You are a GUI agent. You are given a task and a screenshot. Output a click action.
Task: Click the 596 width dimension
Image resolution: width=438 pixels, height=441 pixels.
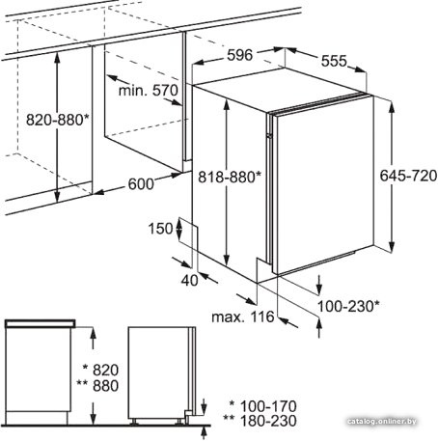[x=239, y=55]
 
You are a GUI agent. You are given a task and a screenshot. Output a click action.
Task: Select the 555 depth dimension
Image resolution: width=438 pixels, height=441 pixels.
[x=334, y=61]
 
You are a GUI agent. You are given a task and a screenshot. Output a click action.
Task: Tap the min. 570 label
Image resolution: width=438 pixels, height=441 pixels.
[x=149, y=91]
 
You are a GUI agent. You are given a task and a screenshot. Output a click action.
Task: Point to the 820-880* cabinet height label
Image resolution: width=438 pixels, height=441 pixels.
[x=57, y=120]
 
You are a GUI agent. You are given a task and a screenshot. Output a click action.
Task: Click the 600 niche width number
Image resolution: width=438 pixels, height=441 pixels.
[x=141, y=184]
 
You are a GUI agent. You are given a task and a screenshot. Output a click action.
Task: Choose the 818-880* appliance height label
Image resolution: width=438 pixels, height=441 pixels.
[x=230, y=177]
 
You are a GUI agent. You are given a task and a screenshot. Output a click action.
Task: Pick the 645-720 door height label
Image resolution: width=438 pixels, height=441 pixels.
[x=408, y=176]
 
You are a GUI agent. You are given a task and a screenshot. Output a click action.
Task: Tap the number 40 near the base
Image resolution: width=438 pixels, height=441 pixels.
[x=189, y=281]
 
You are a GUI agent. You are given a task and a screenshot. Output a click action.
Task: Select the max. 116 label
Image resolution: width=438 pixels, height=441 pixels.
[x=243, y=317]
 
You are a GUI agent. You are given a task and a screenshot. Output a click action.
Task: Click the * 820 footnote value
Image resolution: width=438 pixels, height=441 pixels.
[x=100, y=370]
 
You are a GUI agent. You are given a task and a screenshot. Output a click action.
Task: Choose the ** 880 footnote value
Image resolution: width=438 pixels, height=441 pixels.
[x=97, y=386]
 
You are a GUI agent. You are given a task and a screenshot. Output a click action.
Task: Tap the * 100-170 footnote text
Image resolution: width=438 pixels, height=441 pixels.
[x=262, y=406]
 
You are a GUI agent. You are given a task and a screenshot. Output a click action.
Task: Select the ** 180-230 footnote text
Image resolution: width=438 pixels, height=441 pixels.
[x=260, y=421]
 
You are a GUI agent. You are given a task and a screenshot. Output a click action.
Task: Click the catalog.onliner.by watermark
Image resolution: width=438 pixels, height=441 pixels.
[x=382, y=421]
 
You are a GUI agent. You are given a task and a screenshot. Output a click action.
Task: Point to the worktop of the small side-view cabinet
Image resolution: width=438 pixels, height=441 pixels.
[x=41, y=323]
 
